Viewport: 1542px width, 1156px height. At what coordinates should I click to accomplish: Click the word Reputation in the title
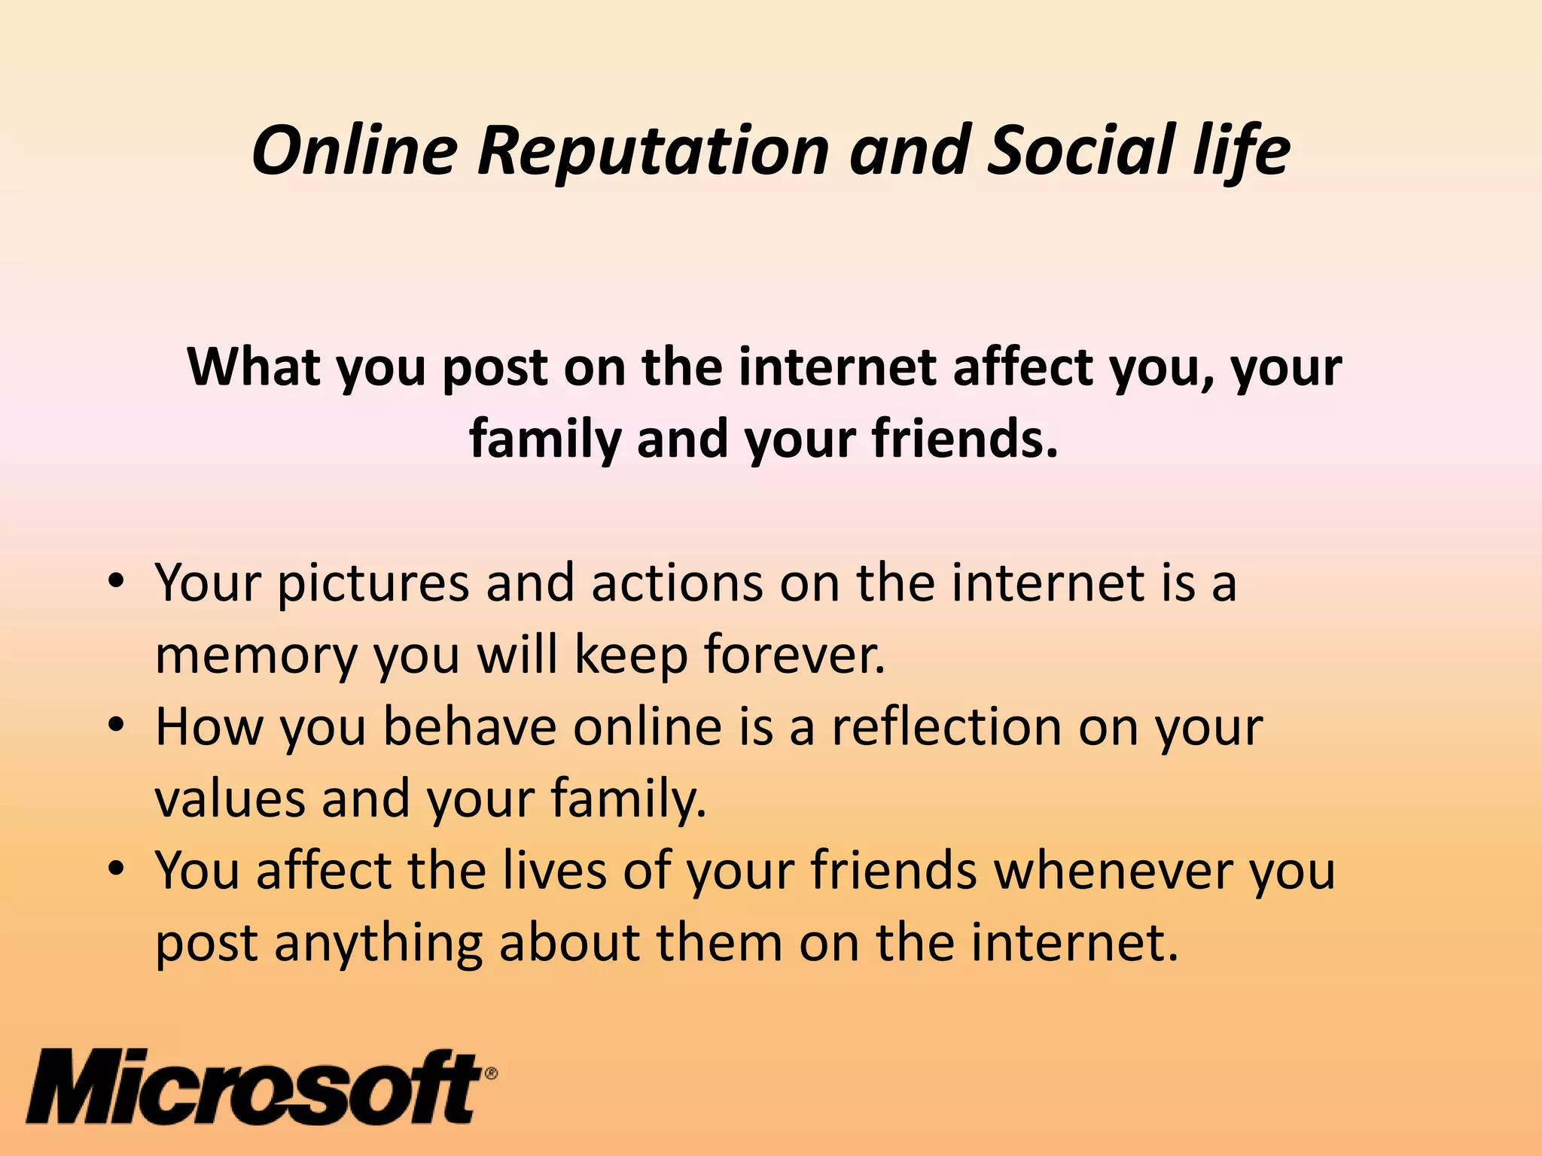pyautogui.click(x=654, y=151)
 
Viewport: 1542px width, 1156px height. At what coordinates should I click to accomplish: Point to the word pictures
pyautogui.click(x=373, y=584)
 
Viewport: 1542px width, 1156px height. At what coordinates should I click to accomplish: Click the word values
pyautogui.click(x=230, y=799)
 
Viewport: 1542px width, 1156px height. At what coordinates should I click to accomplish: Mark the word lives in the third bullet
pyautogui.click(x=555, y=871)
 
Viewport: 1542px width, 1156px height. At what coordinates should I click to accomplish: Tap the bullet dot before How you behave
pyautogui.click(x=115, y=728)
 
